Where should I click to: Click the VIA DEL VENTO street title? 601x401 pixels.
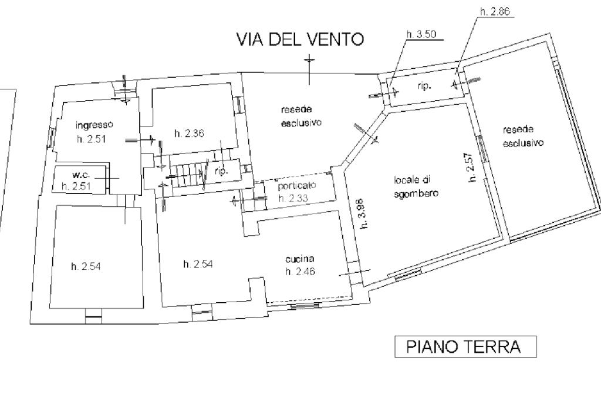[300, 39]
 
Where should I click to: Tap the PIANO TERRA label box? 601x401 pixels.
[465, 346]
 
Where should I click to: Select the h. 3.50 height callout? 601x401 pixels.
[421, 34]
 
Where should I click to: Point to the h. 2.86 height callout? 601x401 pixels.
[495, 12]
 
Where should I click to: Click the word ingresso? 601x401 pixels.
[94, 125]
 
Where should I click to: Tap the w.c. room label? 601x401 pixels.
[81, 175]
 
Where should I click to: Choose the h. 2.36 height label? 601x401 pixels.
[189, 133]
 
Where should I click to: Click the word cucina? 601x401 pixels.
[300, 259]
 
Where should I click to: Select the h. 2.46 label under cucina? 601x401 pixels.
[300, 272]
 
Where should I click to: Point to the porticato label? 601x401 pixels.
[297, 186]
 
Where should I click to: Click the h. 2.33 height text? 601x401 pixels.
[293, 198]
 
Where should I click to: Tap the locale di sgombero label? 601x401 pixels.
[416, 186]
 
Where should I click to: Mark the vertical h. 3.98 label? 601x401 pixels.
[363, 213]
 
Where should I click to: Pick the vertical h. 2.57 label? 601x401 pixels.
[472, 167]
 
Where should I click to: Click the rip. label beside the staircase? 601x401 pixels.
[221, 171]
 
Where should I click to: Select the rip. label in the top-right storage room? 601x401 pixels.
[424, 86]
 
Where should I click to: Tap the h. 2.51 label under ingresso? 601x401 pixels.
[91, 139]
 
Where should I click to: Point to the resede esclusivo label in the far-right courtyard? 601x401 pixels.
[523, 136]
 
